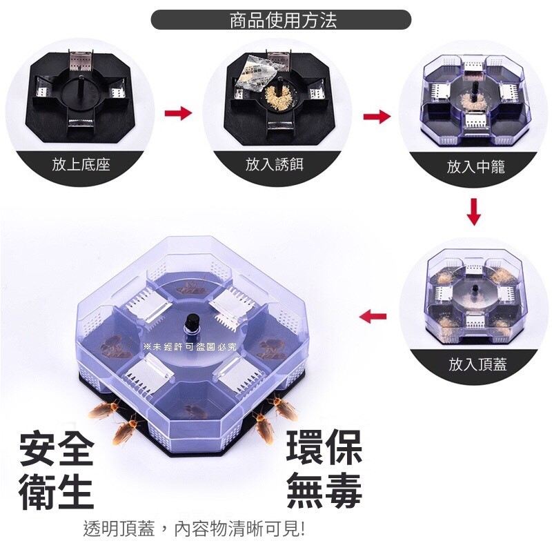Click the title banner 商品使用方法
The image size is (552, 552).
tap(281, 20)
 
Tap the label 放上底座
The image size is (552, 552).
tap(81, 164)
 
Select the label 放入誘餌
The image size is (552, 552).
tap(275, 164)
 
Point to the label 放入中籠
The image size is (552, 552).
tap(476, 166)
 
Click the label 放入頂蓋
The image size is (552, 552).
tap(477, 364)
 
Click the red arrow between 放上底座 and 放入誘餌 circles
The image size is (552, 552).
tap(178, 113)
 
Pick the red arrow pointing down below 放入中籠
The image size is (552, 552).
tap(474, 212)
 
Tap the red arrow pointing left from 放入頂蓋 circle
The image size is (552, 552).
tap(373, 315)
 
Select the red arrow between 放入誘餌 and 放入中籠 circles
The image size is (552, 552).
tap(377, 117)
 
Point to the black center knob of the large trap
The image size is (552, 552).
tap(191, 322)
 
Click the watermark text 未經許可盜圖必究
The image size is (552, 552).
tap(190, 347)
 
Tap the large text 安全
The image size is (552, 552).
tap(57, 448)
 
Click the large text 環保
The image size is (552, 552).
tap(324, 447)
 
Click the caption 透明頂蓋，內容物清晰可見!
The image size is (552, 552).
tap(194, 529)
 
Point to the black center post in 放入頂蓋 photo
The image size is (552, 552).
tap(475, 291)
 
